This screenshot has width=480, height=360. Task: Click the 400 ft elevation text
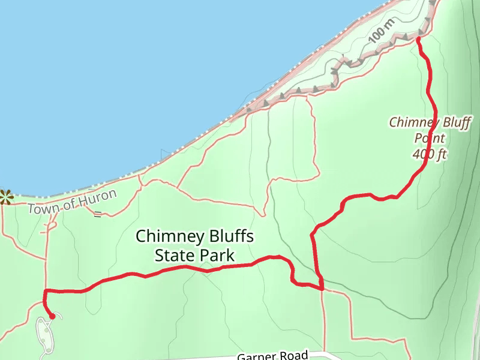pos(430,154)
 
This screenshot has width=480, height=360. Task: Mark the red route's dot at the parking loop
pos(52,316)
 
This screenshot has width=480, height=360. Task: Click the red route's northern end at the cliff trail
pos(418,40)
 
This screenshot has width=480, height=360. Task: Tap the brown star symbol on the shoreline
pos(5,196)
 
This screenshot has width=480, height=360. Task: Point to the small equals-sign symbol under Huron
pos(97,214)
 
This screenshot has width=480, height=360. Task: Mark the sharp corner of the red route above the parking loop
pos(45,291)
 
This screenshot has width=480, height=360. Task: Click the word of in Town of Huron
pos(67,204)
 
